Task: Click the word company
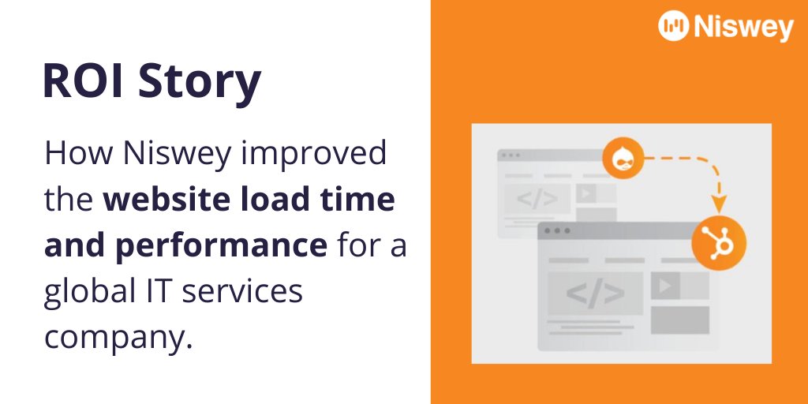point(118,338)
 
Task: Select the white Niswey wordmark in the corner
point(743,27)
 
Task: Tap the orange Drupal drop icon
point(619,158)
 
